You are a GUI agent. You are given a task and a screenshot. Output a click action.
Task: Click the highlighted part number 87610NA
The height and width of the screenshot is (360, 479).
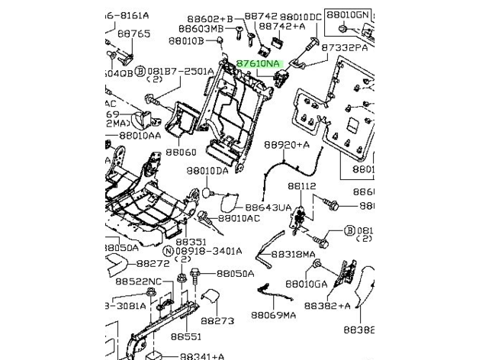(x=258, y=64)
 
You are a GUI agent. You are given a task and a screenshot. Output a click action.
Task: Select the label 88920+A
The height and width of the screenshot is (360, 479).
(x=287, y=144)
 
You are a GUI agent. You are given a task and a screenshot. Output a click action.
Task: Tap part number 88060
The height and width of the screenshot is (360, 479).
(x=182, y=153)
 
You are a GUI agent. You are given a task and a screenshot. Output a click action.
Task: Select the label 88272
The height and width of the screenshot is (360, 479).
(x=153, y=263)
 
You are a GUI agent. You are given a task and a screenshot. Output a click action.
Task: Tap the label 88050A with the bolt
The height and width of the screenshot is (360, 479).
(x=234, y=273)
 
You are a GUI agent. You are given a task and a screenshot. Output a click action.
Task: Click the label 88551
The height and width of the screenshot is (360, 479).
(x=185, y=336)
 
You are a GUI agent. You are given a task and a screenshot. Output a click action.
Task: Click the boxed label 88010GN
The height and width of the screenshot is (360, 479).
(x=347, y=14)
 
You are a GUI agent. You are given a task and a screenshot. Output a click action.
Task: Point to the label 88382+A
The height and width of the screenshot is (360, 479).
(x=327, y=305)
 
